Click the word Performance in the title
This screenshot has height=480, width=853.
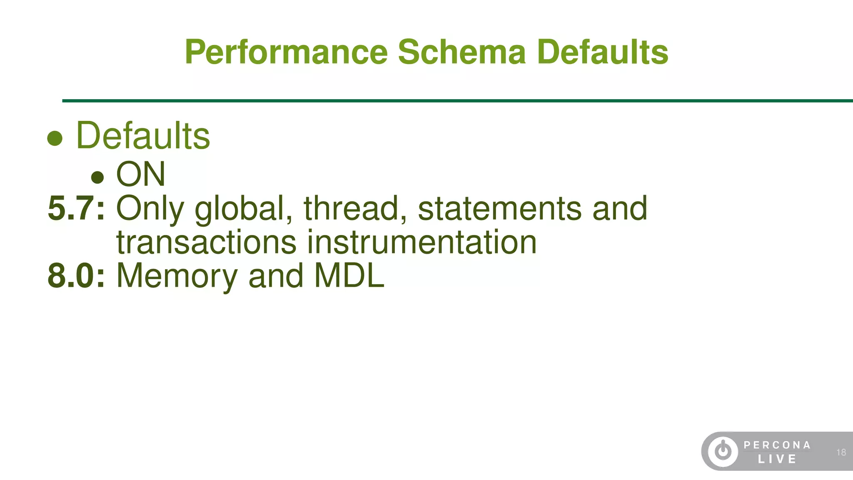(x=286, y=52)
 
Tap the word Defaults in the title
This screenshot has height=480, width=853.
(x=602, y=52)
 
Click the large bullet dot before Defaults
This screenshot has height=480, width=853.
(x=55, y=138)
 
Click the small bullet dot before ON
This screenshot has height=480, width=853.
(x=97, y=177)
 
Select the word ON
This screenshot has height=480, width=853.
(x=141, y=174)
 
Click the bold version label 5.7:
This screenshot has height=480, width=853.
(x=76, y=208)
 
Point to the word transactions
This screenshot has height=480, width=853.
(x=206, y=242)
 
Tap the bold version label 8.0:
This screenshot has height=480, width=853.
(x=76, y=275)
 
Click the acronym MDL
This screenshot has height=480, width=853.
(x=349, y=275)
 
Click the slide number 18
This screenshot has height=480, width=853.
(x=841, y=452)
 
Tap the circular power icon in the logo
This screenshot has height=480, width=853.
(x=723, y=451)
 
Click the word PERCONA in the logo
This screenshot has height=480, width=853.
(x=777, y=445)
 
